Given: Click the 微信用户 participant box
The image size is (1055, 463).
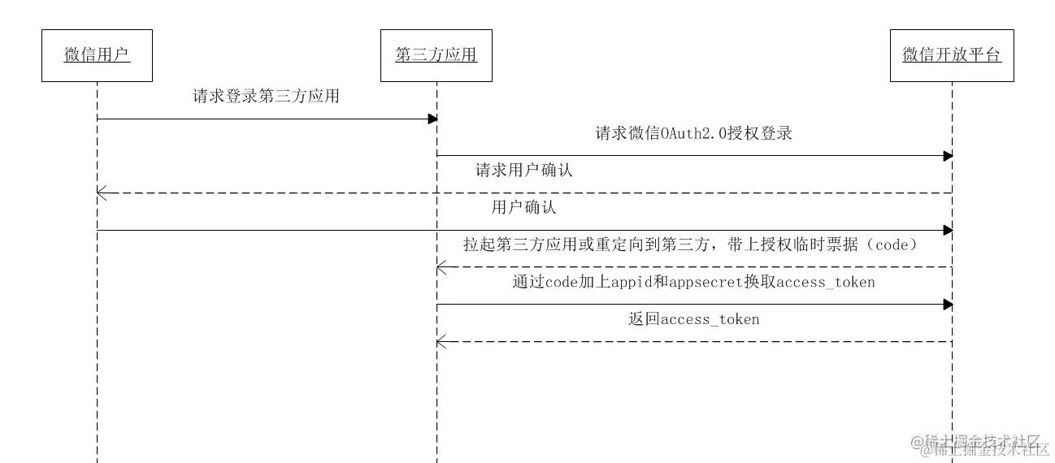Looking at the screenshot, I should pos(97,55).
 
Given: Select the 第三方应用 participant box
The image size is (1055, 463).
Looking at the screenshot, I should pos(436,55).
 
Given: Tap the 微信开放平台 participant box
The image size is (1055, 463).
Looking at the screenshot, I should pos(952,55).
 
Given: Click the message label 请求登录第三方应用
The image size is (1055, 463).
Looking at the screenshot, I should pos(266,96).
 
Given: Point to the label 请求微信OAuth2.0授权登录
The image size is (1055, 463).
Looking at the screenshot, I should pos(693,133).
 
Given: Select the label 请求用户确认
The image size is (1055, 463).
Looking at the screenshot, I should pos(524,171).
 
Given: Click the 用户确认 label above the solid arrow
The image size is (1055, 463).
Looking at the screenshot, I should pos(524,207).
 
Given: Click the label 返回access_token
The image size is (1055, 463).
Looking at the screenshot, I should pos(693,319).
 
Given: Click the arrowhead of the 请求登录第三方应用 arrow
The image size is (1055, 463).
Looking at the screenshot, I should pos(432,119).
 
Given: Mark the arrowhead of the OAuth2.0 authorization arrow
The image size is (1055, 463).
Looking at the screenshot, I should pos(948,155).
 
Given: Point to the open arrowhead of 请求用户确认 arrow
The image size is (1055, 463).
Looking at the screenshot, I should pos(101,193).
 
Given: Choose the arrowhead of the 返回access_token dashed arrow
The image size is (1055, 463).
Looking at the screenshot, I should pos(441,341).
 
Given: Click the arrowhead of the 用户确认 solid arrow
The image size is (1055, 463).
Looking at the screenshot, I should pos(948,230).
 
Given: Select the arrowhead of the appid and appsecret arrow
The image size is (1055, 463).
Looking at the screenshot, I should pos(948,304).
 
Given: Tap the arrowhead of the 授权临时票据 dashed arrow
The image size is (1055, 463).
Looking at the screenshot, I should pos(441,266).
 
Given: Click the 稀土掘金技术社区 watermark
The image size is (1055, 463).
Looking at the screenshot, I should pos(983,444).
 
